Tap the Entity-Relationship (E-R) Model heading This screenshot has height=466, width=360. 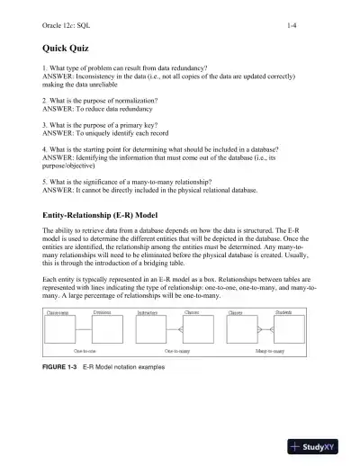pos(108,218)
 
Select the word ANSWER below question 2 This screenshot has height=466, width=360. pos(60,109)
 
